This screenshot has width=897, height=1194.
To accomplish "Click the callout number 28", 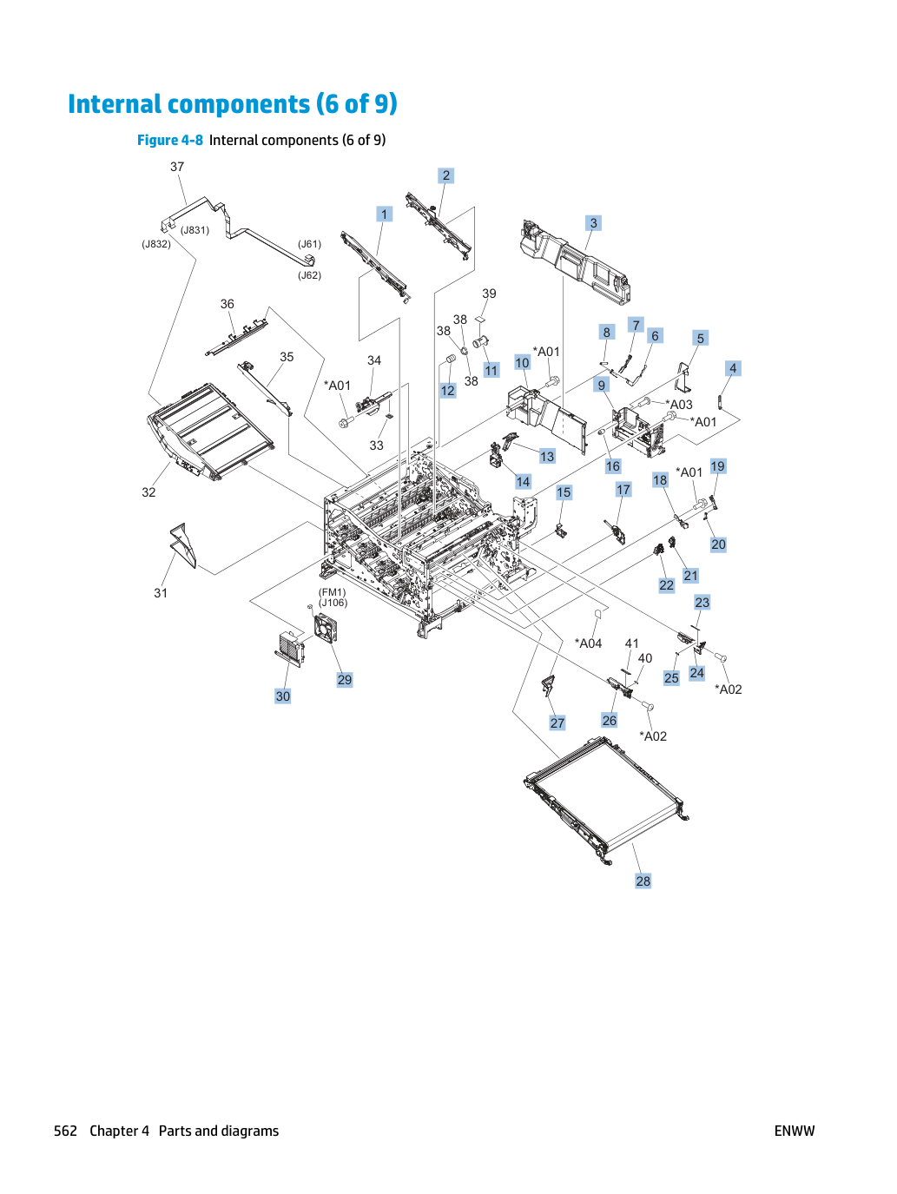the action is click(643, 881).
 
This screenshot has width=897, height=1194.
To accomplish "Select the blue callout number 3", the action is click(593, 223).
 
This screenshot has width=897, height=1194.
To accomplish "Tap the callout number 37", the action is click(177, 167).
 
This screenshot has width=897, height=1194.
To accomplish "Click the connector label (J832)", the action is click(156, 244).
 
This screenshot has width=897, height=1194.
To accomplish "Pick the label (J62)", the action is click(309, 275).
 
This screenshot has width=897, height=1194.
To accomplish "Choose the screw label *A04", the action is click(588, 643).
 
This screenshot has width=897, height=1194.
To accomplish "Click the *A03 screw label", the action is click(679, 405).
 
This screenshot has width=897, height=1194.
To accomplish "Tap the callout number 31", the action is click(161, 593).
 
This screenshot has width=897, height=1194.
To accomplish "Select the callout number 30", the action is click(282, 696).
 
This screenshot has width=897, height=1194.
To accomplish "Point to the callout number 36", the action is click(227, 304).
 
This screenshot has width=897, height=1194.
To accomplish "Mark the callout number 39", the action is click(489, 294).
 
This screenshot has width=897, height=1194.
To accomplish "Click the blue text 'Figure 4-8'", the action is click(169, 141).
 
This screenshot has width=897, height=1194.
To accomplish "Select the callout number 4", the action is click(733, 368).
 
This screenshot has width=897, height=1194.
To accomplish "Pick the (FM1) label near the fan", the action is click(332, 592).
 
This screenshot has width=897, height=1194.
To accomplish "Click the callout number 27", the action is click(557, 723).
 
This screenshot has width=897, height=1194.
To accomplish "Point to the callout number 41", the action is click(631, 643).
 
